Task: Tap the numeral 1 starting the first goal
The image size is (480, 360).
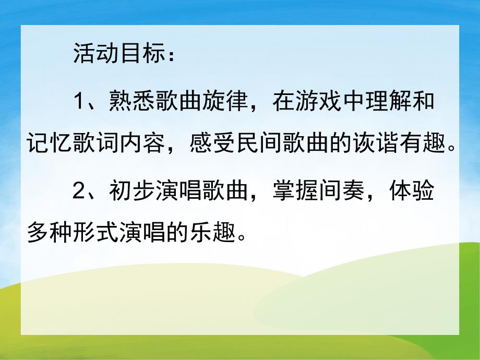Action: pos(79,101)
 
